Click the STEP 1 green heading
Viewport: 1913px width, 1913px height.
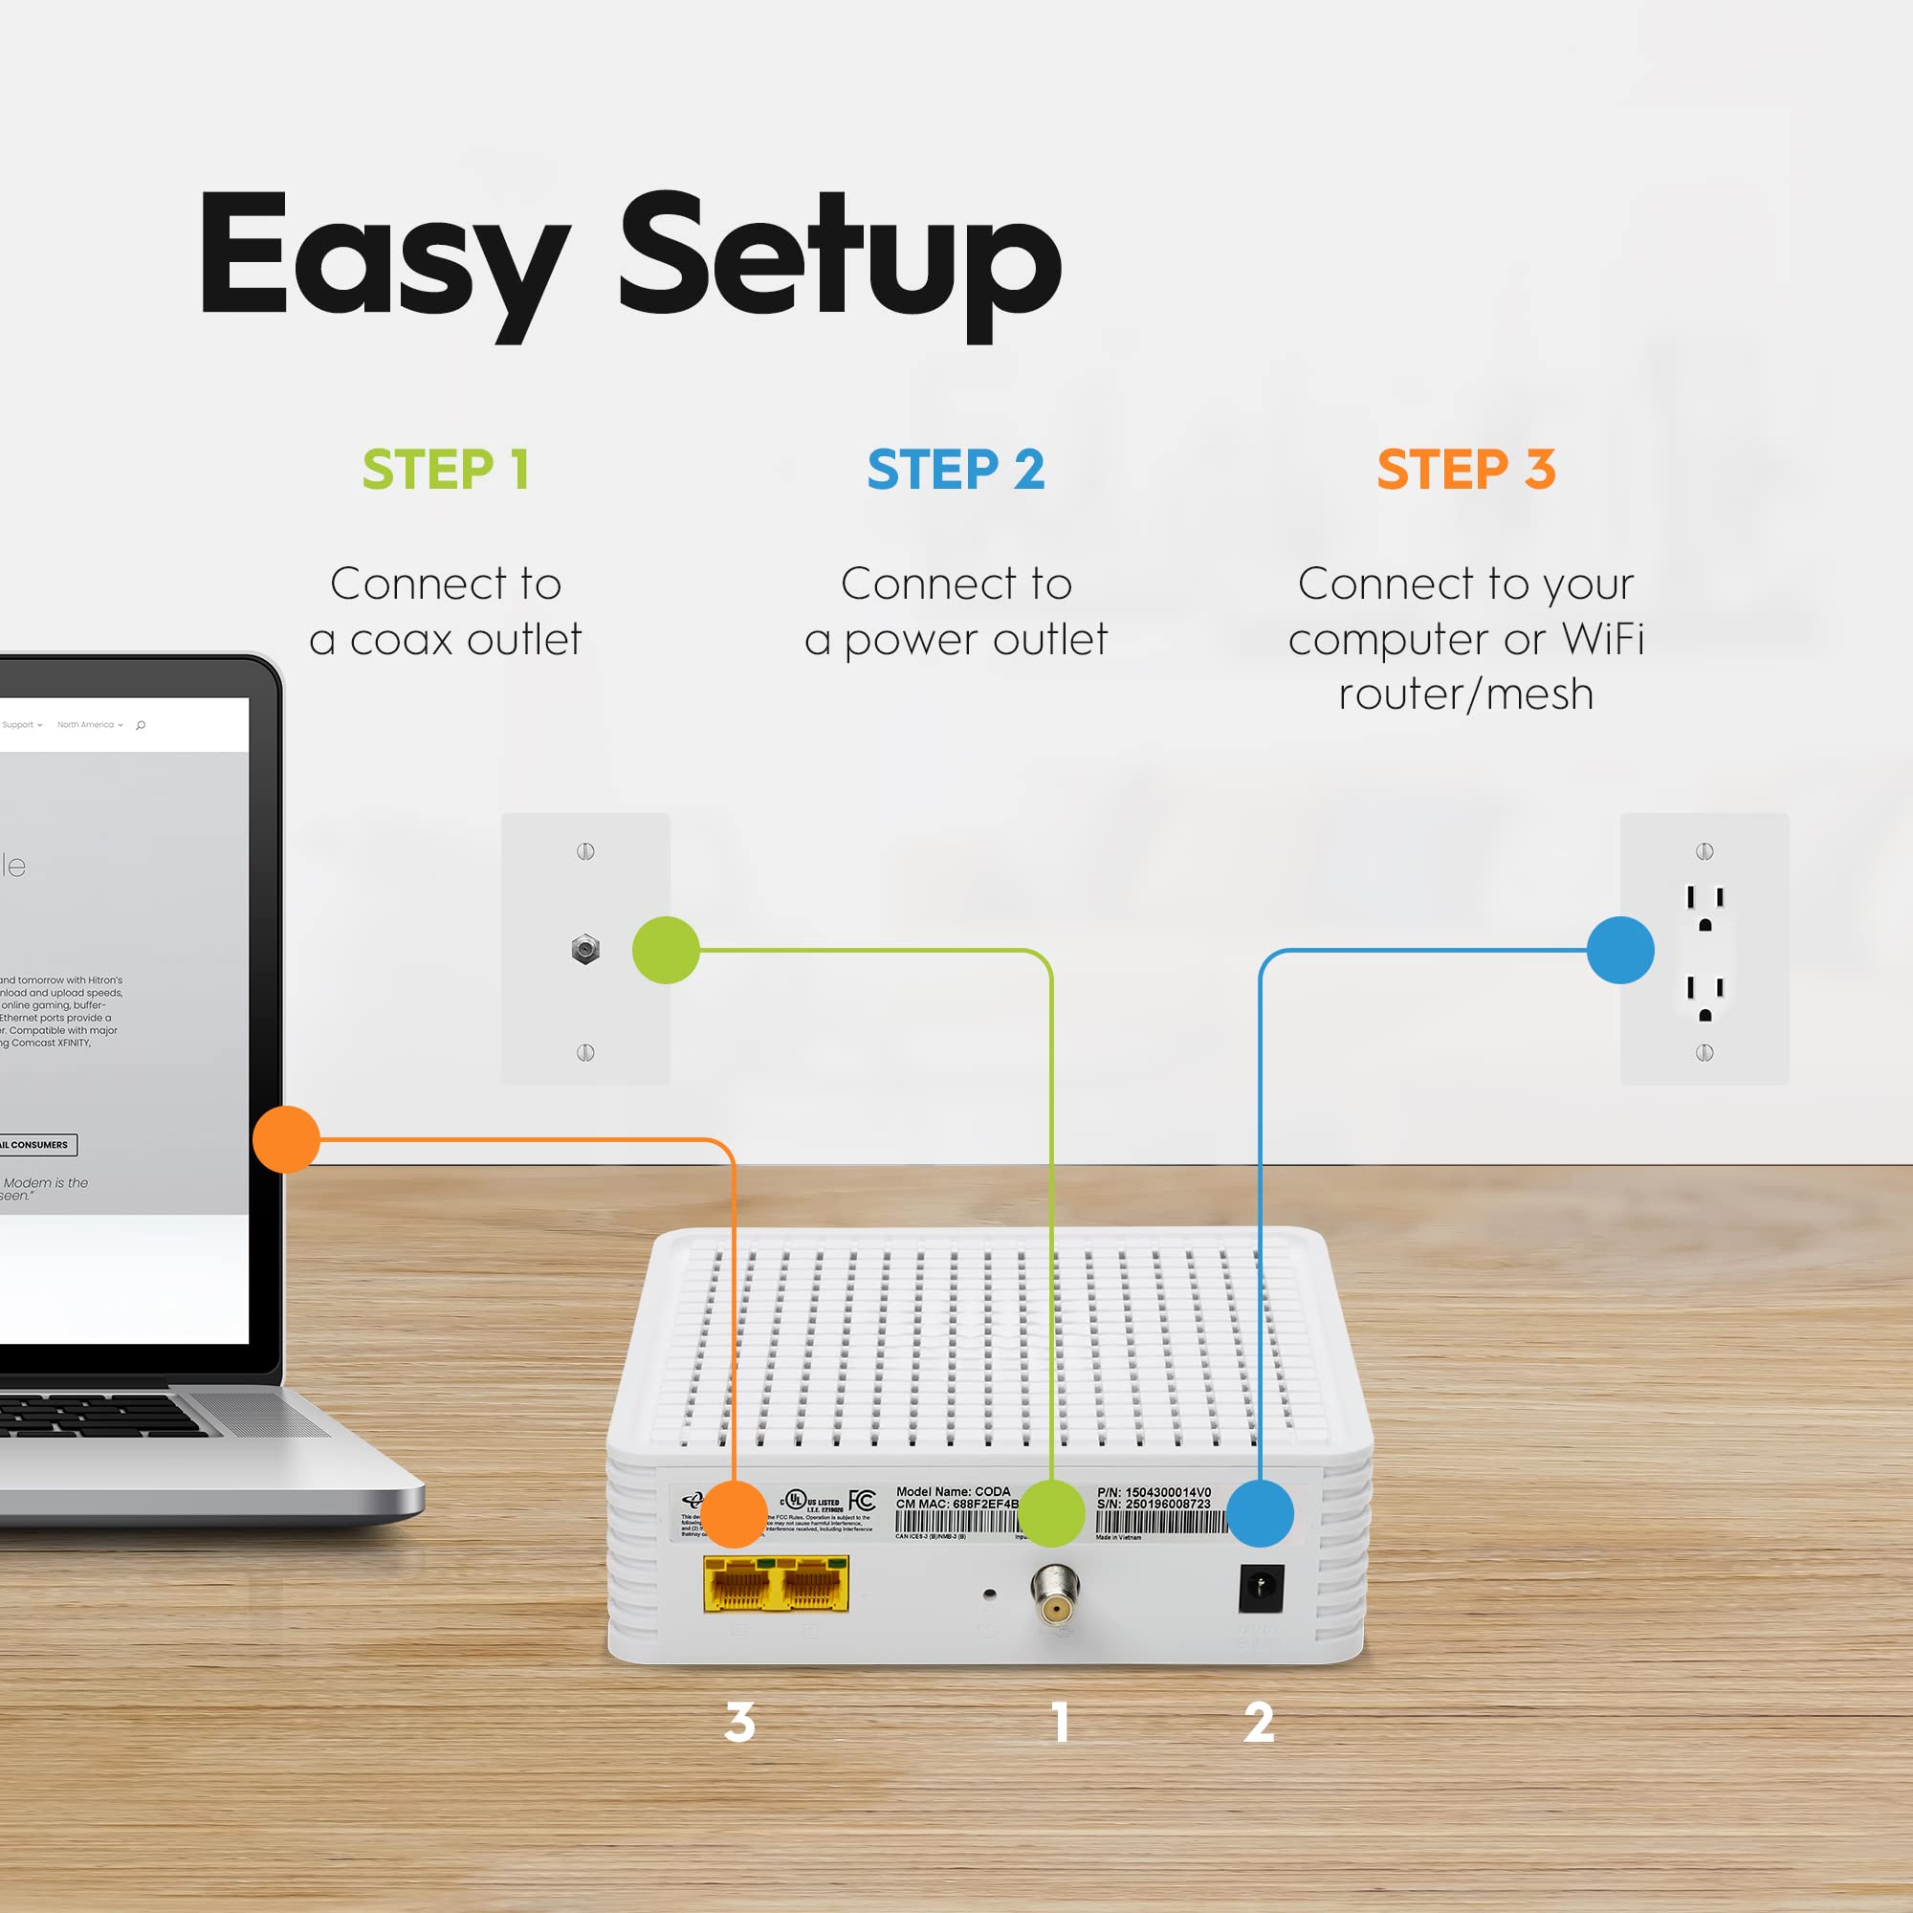coord(445,470)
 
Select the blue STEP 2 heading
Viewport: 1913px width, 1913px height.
coord(956,470)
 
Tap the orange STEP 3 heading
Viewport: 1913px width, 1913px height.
coord(1465,470)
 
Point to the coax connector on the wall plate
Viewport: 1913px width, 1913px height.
coord(585,950)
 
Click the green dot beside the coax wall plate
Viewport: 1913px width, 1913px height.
coord(667,950)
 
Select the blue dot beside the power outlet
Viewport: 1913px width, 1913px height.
coord(1620,950)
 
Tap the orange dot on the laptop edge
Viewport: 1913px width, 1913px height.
coord(286,1138)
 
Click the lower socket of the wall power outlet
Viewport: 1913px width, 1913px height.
coord(1705,997)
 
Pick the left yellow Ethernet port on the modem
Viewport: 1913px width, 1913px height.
coord(737,1584)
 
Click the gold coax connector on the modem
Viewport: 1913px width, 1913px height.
coord(1056,1593)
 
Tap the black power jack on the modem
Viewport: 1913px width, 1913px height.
coord(1261,1587)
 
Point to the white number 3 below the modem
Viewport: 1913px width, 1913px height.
coord(739,1722)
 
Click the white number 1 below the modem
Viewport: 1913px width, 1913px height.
coord(1061,1722)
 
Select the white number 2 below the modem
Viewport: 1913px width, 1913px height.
coord(1259,1722)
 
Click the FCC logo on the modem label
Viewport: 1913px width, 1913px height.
coord(862,1501)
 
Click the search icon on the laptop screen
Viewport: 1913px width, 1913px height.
coord(141,725)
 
